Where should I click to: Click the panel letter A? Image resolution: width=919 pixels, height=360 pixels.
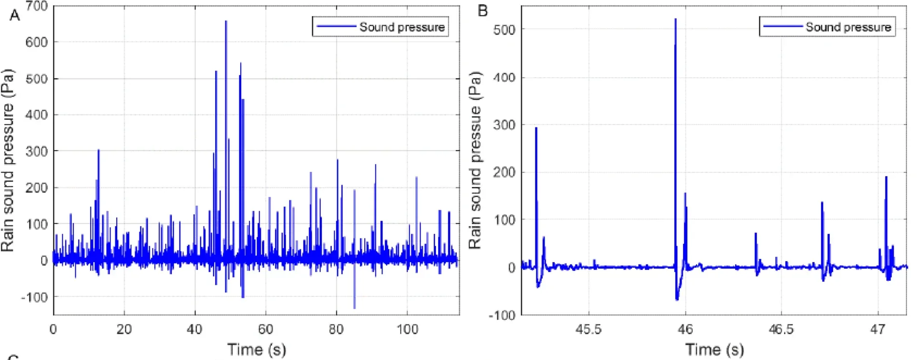click(15, 16)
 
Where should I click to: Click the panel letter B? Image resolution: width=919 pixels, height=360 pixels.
click(482, 11)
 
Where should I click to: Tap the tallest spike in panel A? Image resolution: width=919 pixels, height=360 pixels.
click(226, 22)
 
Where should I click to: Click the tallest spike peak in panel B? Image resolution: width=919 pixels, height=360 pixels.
click(675, 20)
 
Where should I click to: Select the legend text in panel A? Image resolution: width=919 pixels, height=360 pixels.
click(402, 27)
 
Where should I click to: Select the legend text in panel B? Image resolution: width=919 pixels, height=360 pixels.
click(848, 27)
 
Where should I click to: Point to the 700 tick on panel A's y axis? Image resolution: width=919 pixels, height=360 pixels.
click(37, 7)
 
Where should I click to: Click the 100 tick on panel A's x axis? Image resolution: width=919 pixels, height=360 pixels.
click(407, 330)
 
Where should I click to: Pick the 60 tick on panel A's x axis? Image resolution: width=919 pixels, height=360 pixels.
click(266, 330)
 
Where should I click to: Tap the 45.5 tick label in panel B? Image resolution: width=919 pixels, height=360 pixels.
click(589, 330)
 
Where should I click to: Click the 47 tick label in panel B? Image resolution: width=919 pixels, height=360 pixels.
click(878, 330)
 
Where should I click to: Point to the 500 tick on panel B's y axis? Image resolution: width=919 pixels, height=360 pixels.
click(504, 30)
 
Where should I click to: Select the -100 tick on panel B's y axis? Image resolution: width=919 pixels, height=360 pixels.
click(502, 315)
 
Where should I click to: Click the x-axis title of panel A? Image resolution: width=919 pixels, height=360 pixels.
click(256, 349)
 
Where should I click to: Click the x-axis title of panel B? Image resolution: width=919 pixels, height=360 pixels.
click(714, 349)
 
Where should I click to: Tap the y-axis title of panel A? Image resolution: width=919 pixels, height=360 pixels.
click(8, 161)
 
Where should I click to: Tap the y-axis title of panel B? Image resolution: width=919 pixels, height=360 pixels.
click(475, 161)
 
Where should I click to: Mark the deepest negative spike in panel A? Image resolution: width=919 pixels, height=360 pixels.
click(355, 307)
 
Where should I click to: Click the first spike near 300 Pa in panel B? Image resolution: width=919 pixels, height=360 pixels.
click(536, 128)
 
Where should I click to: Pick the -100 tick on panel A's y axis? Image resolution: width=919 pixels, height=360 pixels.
click(35, 297)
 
